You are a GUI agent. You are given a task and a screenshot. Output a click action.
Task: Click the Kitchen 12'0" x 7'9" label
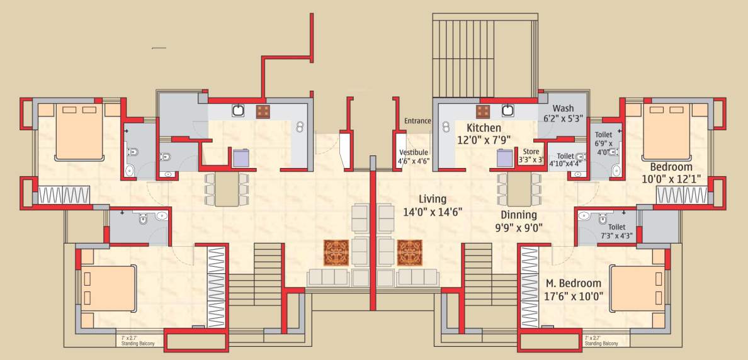click(484, 133)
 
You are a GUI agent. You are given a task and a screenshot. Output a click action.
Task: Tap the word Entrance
click(417, 121)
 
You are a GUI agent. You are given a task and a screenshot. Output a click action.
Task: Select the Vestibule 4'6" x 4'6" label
click(413, 157)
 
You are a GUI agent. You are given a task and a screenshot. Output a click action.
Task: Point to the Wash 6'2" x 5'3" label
click(564, 113)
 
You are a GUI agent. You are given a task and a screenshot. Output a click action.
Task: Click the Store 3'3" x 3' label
click(530, 155)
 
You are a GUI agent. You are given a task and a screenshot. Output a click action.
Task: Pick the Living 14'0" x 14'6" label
click(433, 205)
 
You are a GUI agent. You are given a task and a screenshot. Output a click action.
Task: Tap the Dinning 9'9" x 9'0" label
click(519, 221)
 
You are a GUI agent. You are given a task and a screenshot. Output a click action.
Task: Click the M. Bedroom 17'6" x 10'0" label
click(573, 290)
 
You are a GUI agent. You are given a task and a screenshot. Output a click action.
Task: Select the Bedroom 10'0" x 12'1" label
click(671, 172)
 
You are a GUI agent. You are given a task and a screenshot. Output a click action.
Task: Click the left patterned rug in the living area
click(336, 252)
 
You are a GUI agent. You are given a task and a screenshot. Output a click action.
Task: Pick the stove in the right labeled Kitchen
click(483, 111)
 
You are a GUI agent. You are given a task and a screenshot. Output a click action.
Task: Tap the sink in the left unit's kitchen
click(239, 111)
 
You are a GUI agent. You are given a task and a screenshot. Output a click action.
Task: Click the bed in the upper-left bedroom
click(79, 132)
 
